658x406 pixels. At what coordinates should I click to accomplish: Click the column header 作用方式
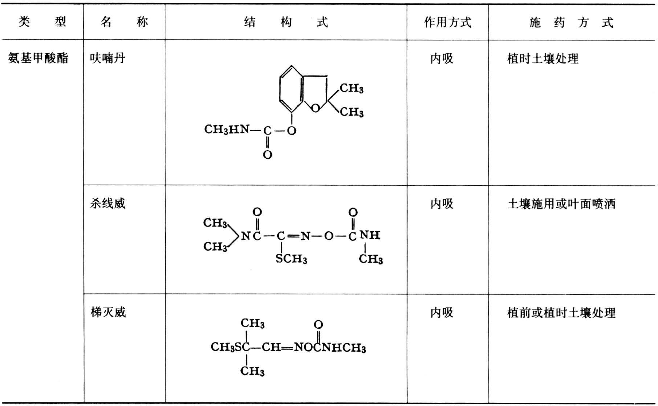click(447, 22)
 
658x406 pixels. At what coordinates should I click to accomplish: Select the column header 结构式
click(286, 22)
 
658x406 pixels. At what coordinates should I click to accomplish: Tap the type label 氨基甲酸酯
click(38, 58)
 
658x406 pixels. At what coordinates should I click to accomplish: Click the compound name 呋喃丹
click(107, 58)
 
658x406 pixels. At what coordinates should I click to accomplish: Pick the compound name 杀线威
click(107, 203)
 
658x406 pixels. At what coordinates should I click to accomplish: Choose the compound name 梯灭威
click(108, 312)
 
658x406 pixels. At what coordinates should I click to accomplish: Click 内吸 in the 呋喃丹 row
click(442, 58)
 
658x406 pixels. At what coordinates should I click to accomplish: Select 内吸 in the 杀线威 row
click(442, 204)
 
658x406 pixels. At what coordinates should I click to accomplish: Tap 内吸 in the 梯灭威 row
click(442, 313)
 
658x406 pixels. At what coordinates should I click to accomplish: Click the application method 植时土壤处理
click(543, 58)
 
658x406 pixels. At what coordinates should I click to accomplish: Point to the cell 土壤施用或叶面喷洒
click(561, 204)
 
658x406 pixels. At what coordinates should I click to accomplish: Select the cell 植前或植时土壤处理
click(561, 313)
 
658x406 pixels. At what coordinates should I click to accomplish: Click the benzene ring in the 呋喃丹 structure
click(291, 89)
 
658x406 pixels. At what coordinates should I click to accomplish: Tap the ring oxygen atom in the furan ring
click(316, 108)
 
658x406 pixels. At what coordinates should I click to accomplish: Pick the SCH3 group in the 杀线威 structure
click(291, 259)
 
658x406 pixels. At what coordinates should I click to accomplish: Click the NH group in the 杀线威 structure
click(370, 235)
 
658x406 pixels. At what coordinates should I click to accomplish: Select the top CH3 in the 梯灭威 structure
click(252, 323)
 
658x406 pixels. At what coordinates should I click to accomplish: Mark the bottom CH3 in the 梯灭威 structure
click(252, 371)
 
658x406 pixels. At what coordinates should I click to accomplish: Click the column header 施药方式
click(571, 22)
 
